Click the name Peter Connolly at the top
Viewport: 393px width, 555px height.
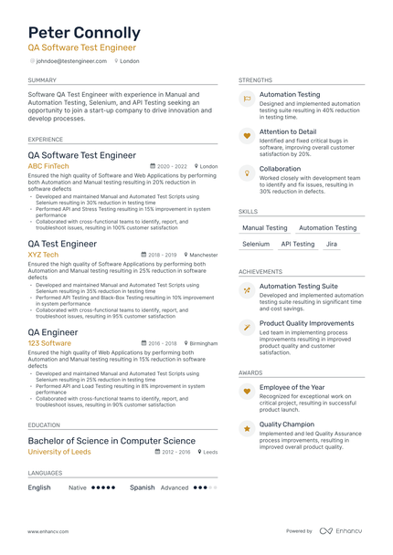click(84, 33)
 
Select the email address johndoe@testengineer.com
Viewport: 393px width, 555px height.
click(71, 61)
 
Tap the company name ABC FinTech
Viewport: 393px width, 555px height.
click(48, 167)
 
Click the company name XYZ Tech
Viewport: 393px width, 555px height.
click(43, 255)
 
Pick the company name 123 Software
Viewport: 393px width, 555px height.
click(49, 343)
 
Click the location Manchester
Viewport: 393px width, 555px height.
click(203, 256)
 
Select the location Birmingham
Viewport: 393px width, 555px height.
click(203, 344)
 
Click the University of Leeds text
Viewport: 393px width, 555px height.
click(59, 452)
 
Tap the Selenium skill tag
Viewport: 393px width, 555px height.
click(256, 245)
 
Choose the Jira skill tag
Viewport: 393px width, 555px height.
click(331, 245)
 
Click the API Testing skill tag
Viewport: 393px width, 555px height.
click(297, 245)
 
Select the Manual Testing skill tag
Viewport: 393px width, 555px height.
click(265, 228)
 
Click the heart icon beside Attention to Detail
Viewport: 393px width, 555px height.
click(247, 136)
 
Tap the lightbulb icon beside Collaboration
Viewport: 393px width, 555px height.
click(247, 173)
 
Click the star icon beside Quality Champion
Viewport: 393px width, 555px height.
click(247, 428)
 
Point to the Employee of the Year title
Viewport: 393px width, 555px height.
click(292, 387)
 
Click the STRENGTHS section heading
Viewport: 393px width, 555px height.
click(255, 80)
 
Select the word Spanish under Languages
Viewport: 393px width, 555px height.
click(142, 487)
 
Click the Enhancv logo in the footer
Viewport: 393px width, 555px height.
click(340, 530)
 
